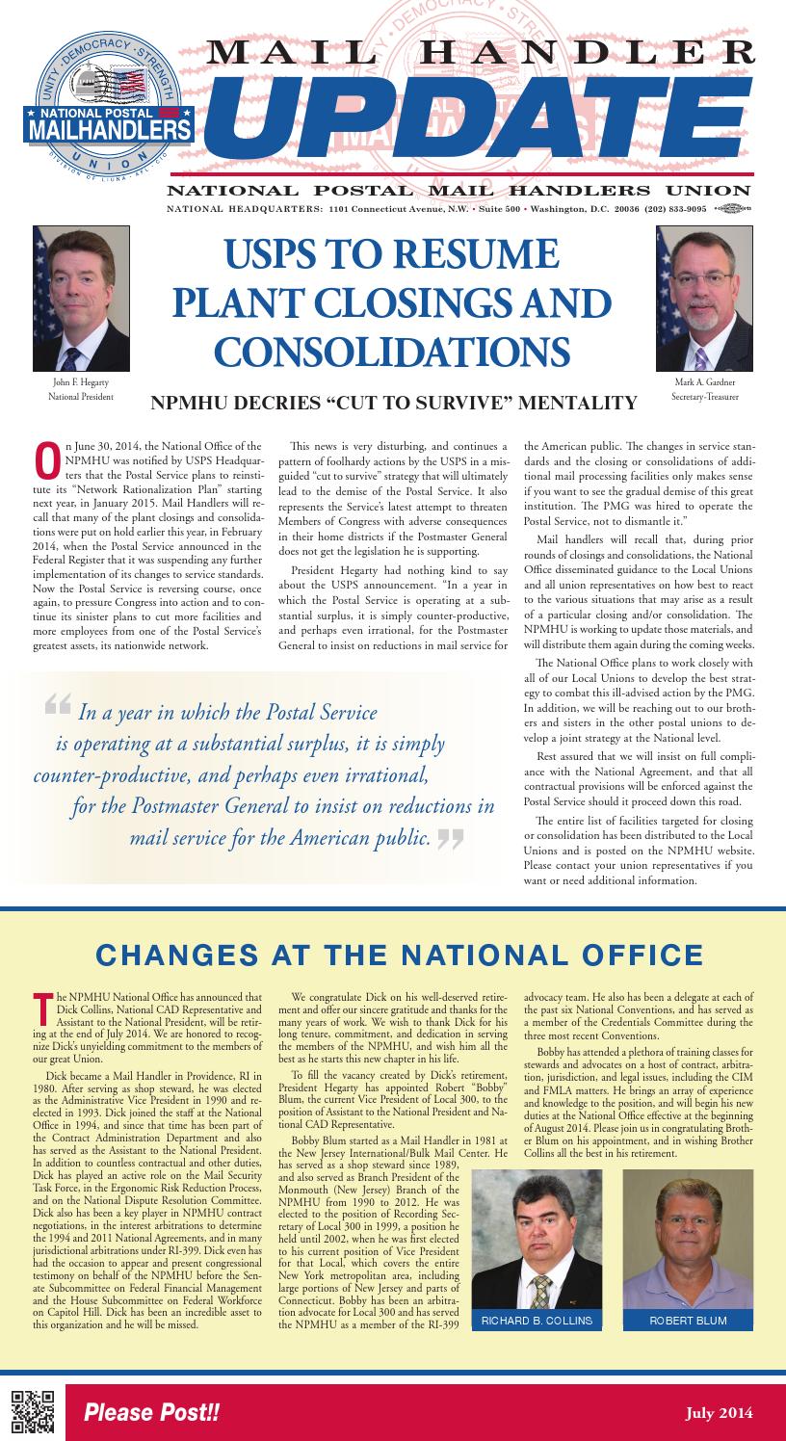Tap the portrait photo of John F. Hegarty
[81, 299]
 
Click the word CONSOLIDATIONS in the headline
[391, 350]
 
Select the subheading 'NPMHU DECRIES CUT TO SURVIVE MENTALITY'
[393, 403]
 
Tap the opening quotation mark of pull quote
[58, 707]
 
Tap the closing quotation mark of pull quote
[450, 839]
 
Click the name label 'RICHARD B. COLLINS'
[537, 1320]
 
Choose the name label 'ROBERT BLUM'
[688, 1320]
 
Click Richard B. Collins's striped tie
[542, 1289]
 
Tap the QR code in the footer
[30, 1412]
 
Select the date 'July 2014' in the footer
[719, 1413]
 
